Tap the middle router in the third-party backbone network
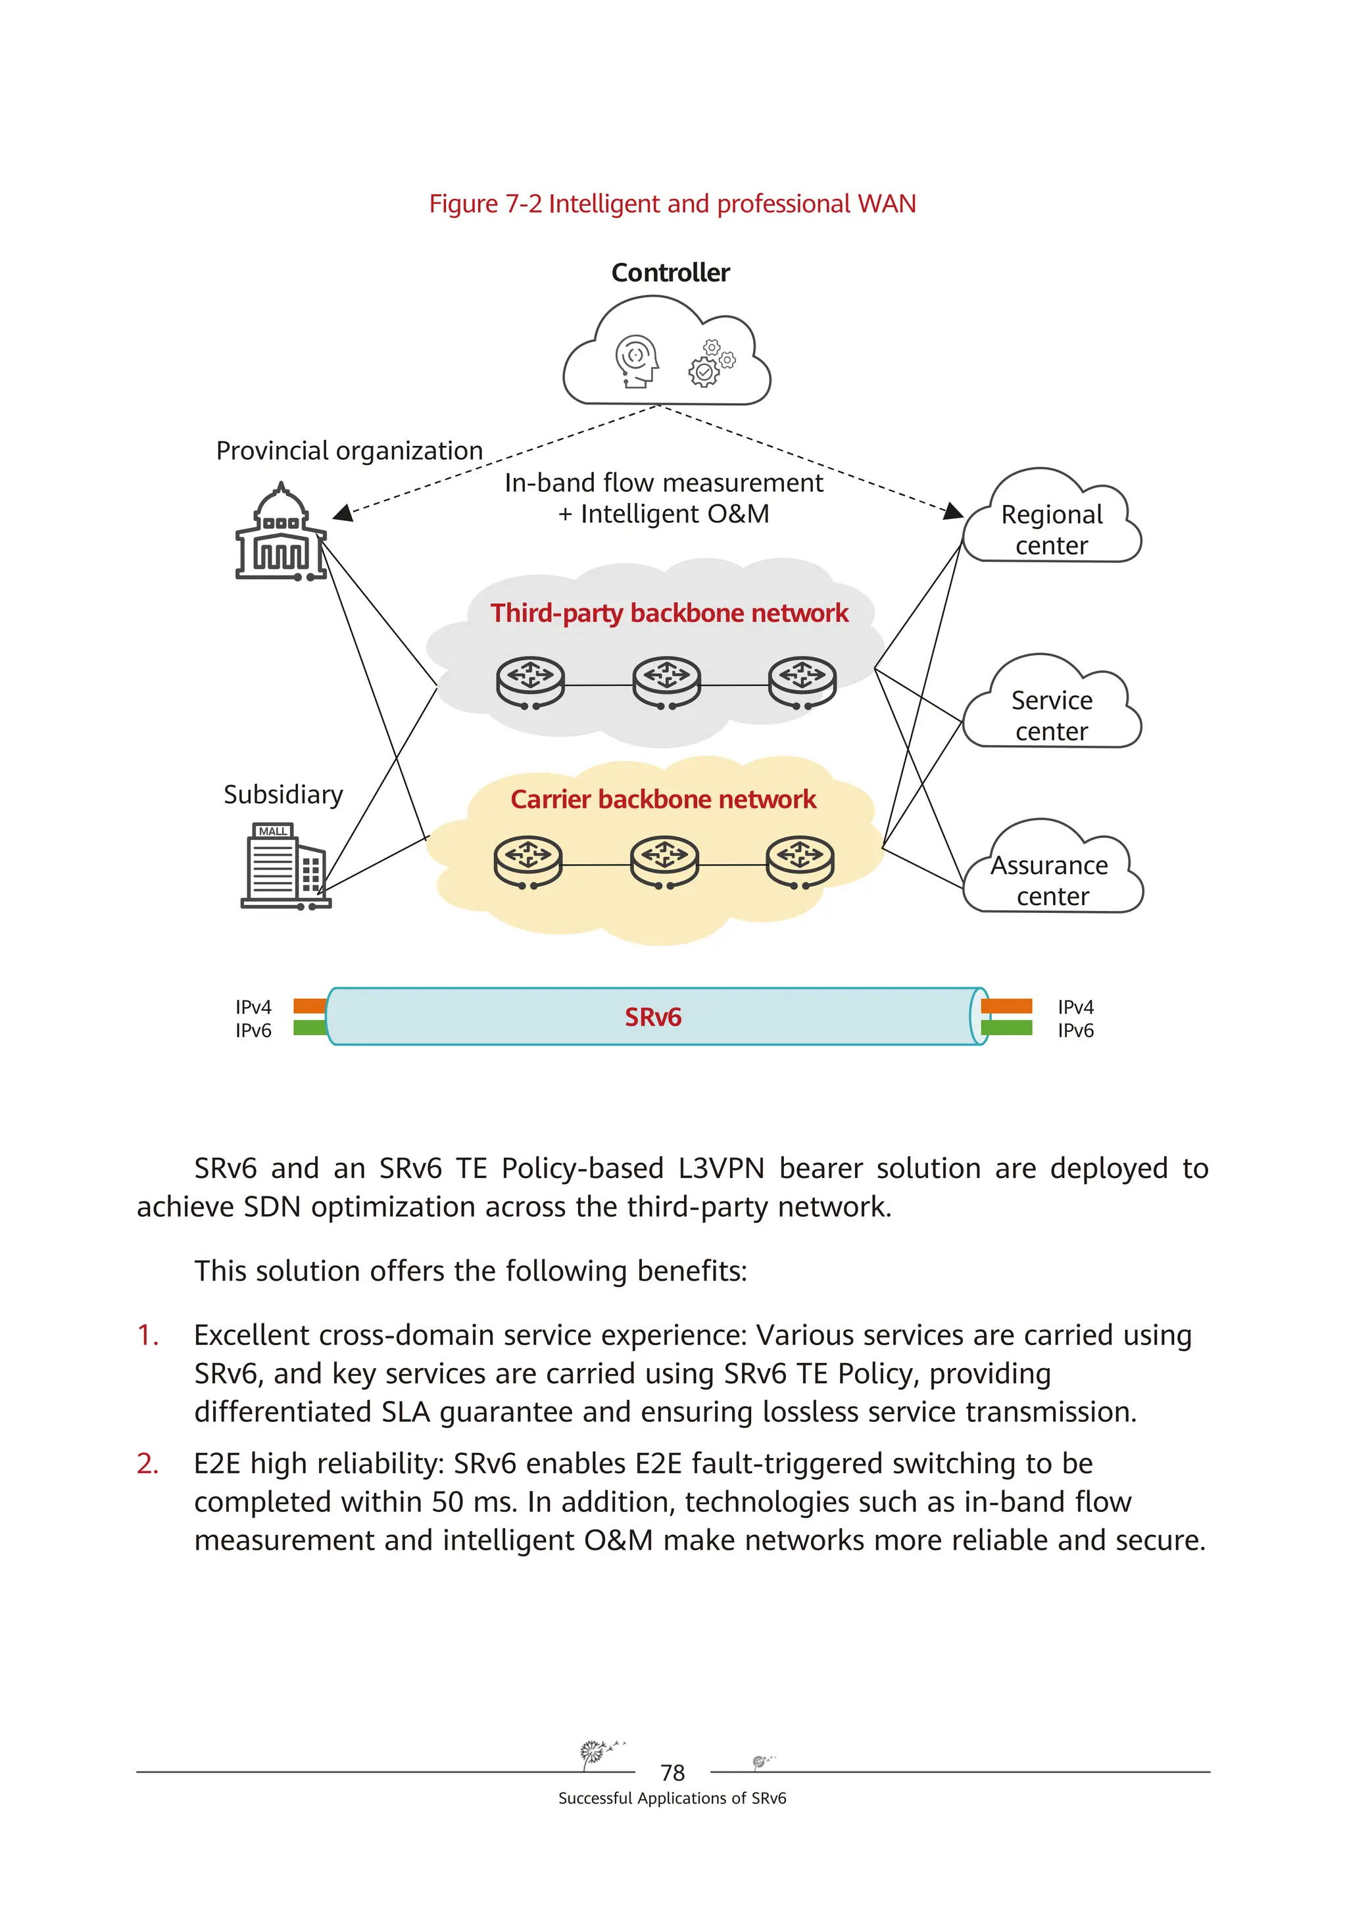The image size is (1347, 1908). [666, 682]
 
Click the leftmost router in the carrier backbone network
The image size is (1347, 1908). [527, 861]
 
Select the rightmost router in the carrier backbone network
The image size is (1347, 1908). [799, 861]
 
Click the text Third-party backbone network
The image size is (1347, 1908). [669, 613]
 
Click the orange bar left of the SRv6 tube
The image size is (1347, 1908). [309, 1006]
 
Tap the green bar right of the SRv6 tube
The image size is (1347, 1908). [1006, 1028]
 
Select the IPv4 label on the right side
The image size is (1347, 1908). [1075, 1007]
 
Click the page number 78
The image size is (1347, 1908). [672, 1773]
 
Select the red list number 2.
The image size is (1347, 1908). [147, 1463]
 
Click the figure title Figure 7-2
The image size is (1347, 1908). [672, 204]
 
